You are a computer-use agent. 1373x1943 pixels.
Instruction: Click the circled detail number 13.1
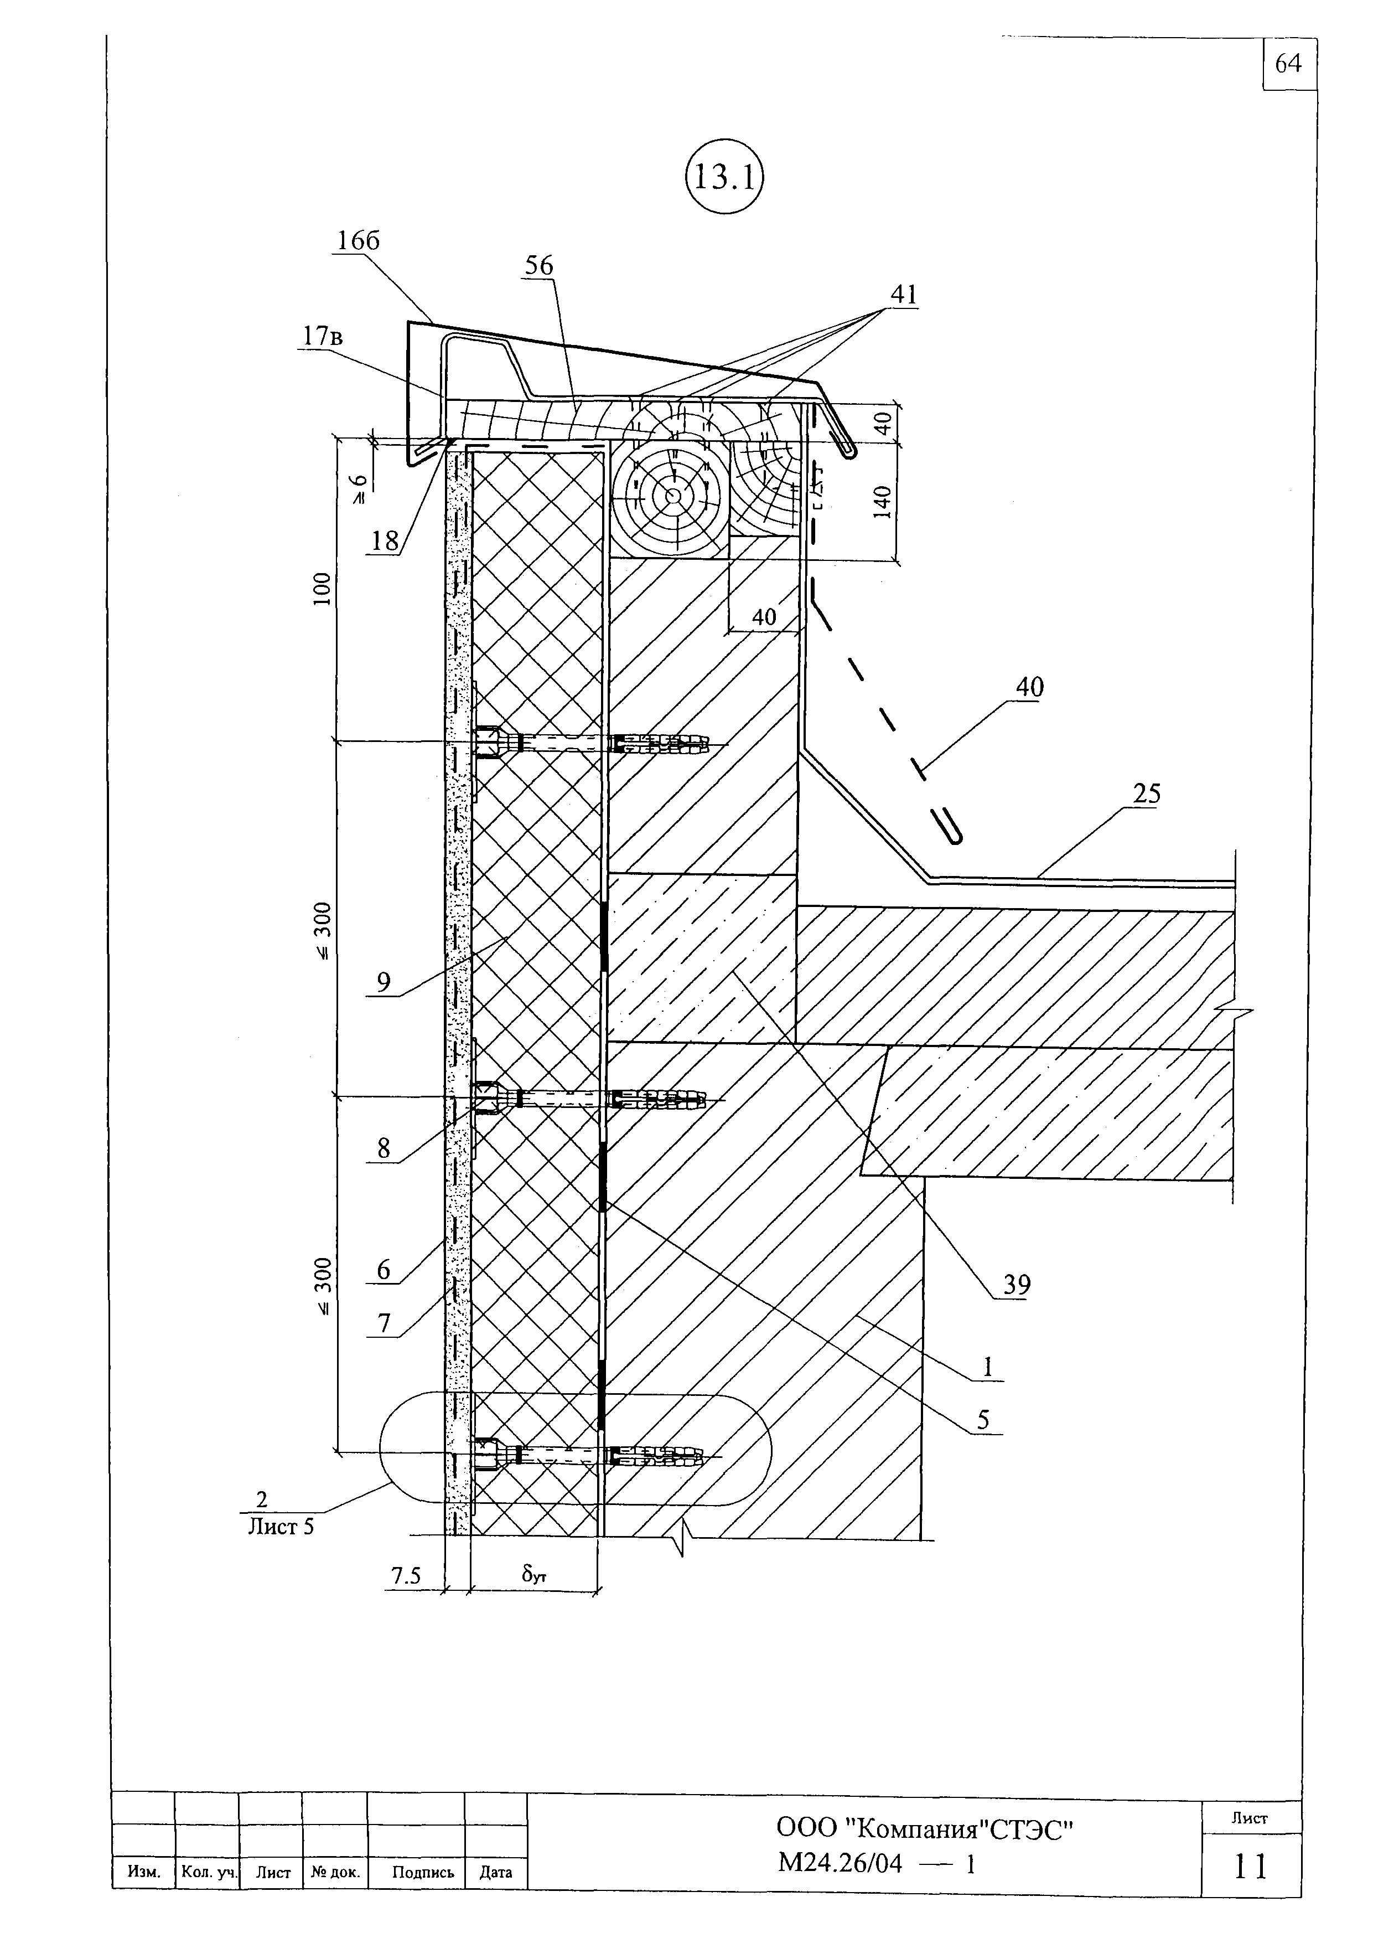tap(723, 178)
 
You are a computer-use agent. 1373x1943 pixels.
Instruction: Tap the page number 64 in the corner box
tap(1288, 64)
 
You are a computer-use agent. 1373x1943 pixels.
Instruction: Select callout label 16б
tap(358, 241)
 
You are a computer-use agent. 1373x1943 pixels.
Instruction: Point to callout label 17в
tap(323, 337)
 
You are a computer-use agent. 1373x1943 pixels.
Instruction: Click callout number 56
tap(539, 266)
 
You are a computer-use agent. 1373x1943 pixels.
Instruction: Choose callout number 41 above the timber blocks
tap(904, 295)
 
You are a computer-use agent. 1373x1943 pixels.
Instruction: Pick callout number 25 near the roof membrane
tap(1147, 794)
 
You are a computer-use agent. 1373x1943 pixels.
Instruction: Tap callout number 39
tap(1017, 1285)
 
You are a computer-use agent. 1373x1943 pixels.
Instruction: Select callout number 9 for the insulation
tap(384, 982)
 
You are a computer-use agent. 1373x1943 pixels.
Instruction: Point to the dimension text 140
tap(882, 503)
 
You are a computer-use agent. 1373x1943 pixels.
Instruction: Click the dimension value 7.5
tap(405, 1576)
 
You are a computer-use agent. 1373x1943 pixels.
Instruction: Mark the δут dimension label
tap(534, 1575)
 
